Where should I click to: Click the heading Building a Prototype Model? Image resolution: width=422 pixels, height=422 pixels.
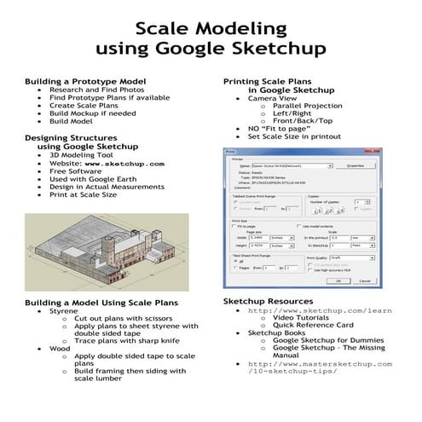tap(85, 81)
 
